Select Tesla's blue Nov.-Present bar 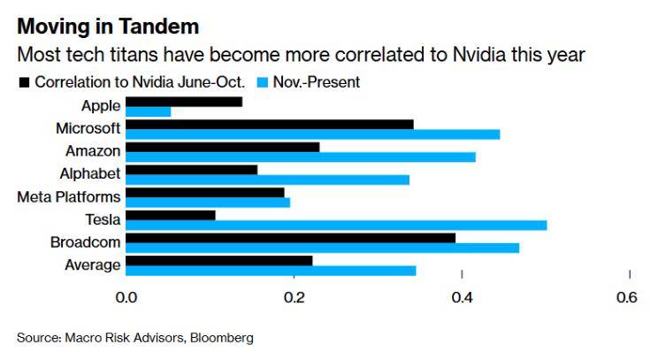(336, 225)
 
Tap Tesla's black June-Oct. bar (171, 214)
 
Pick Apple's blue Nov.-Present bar (149, 111)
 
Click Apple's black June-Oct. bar (184, 102)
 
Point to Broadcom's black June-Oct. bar (290, 237)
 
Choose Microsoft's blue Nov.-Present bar (313, 134)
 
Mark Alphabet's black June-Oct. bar (192, 169)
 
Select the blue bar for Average (271, 270)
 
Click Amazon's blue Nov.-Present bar (301, 157)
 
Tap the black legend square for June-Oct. (23, 83)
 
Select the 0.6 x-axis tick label (626, 298)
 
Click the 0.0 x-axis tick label (126, 298)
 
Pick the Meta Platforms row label (68, 196)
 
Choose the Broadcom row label (85, 242)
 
